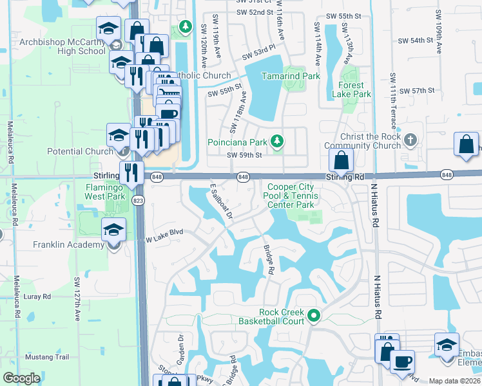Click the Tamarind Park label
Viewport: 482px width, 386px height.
pos(290,76)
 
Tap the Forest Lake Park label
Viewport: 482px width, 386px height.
pos(351,89)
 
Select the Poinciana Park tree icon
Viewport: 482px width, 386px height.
pos(277,141)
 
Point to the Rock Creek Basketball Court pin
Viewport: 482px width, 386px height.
pos(314,315)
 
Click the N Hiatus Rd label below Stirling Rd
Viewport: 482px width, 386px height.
pos(374,207)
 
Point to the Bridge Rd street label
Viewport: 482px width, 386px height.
pos(268,259)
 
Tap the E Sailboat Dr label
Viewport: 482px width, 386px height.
pos(220,202)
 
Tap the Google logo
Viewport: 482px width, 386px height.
pos(21,378)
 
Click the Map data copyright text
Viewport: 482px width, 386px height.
pos(455,381)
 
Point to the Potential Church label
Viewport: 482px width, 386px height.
pos(81,152)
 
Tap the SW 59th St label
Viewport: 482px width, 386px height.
pos(244,155)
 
